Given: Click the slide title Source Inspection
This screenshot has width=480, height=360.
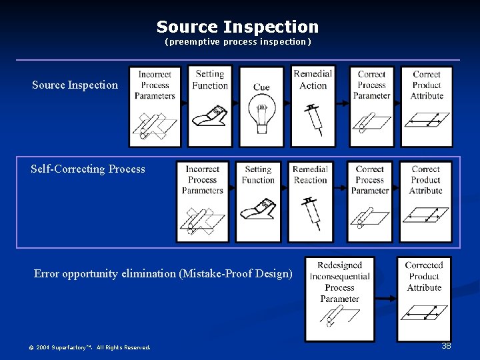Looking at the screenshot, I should [x=237, y=27].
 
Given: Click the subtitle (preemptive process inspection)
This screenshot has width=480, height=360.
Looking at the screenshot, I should [x=238, y=42].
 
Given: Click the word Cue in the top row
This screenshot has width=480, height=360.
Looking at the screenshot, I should [x=261, y=87].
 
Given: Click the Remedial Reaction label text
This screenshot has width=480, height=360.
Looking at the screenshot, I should [x=310, y=175].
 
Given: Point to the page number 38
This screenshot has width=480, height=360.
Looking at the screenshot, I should [x=446, y=346].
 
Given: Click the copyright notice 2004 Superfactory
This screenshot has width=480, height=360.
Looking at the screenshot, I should [x=89, y=347].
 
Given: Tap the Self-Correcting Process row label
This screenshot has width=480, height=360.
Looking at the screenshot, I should [x=87, y=169].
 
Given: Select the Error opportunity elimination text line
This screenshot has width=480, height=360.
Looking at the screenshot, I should [x=163, y=273].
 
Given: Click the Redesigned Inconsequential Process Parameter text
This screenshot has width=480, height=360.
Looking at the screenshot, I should [x=339, y=282].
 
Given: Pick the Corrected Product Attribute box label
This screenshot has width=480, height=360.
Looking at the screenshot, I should [x=424, y=277].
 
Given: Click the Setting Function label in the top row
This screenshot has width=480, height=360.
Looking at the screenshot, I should [x=210, y=80].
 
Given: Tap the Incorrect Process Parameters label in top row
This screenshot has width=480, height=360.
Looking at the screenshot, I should [x=155, y=85].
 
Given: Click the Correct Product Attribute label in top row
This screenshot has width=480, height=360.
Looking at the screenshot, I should [x=427, y=85].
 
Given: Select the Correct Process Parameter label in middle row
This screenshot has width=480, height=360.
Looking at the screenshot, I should [x=370, y=180].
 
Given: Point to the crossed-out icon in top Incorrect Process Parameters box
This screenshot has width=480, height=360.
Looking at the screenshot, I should [x=154, y=124].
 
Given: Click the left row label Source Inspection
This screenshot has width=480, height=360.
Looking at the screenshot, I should [x=75, y=85].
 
